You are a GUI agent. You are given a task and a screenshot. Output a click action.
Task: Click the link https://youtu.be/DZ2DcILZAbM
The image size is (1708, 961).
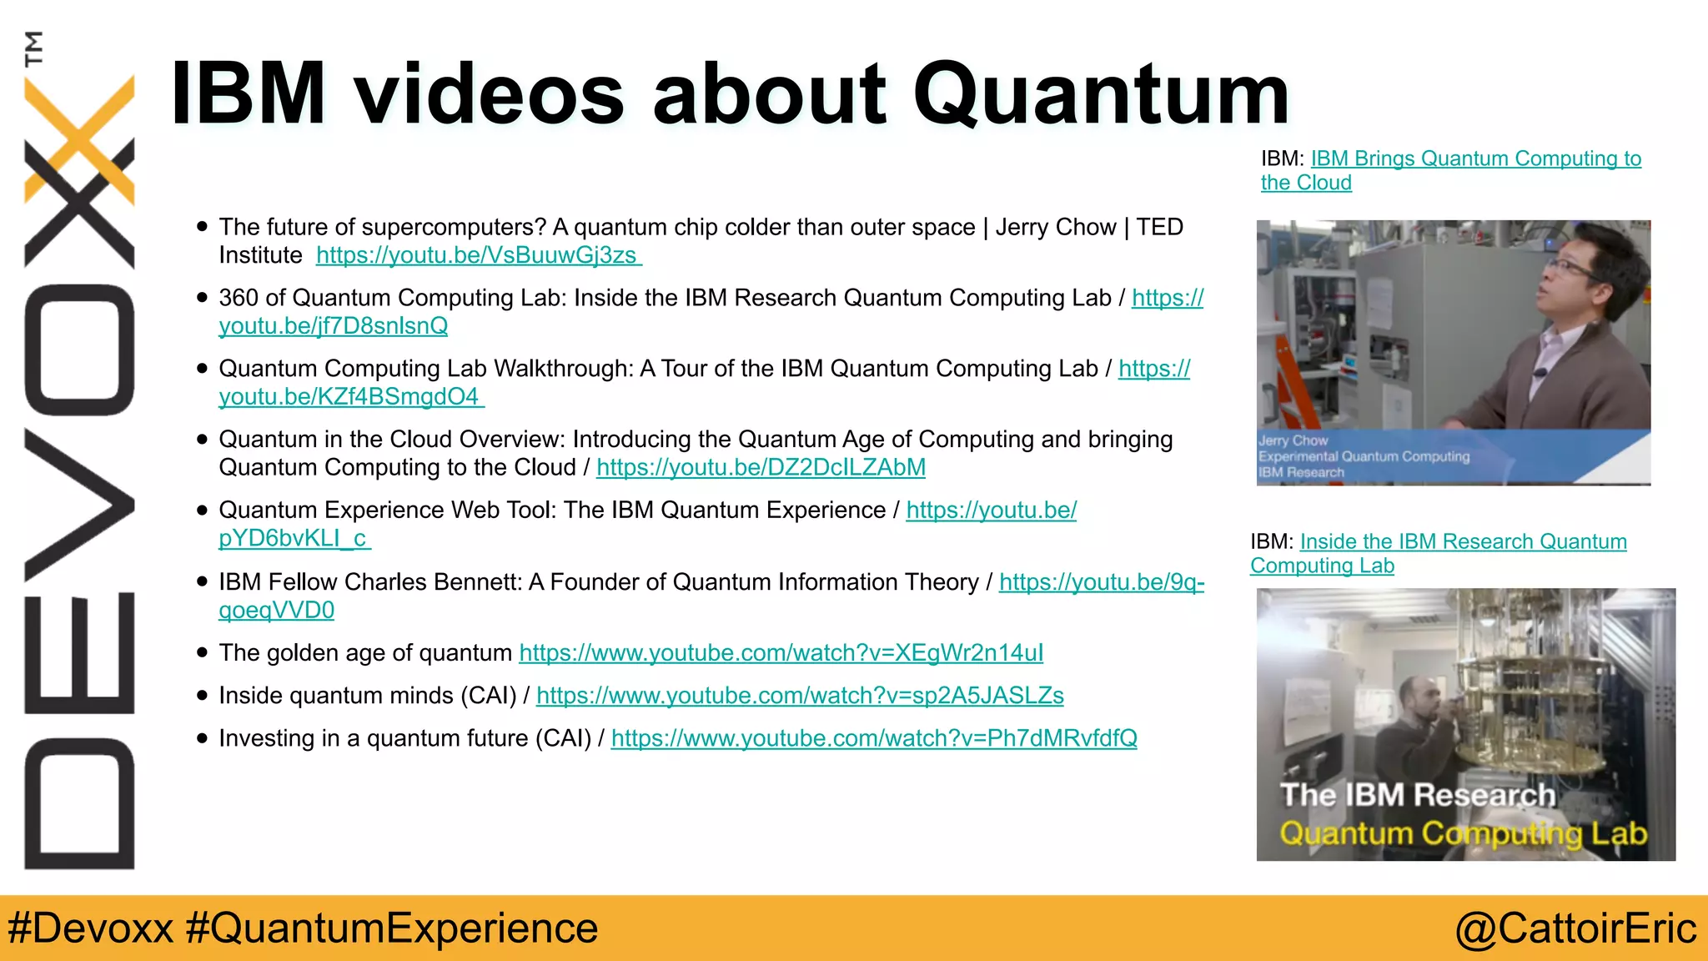[761, 467]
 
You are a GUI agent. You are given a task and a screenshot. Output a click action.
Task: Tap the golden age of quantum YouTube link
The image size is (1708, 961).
[781, 653]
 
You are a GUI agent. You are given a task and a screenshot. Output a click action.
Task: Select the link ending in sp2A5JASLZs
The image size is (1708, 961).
[799, 696]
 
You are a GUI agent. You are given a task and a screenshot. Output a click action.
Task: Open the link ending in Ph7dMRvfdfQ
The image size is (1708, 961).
[873, 738]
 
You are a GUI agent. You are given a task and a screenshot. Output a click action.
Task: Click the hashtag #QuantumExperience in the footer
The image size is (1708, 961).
[392, 928]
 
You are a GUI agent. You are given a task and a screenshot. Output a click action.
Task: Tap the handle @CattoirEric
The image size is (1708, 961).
[1575, 928]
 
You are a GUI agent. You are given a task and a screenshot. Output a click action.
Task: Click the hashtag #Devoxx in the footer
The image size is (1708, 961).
[90, 928]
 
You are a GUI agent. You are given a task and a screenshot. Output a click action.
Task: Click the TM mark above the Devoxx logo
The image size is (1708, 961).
[33, 48]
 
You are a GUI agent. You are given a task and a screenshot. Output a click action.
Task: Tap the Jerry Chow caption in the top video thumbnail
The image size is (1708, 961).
[1293, 440]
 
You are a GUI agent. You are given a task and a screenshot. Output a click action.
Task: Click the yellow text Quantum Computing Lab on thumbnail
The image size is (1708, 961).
[1463, 833]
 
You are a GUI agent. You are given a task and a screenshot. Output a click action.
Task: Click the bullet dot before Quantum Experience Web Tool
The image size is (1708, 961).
[202, 511]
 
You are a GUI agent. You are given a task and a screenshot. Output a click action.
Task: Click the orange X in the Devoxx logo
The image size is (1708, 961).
[79, 138]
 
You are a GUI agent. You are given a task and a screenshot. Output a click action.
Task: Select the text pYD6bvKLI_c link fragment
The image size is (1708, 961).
[293, 539]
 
